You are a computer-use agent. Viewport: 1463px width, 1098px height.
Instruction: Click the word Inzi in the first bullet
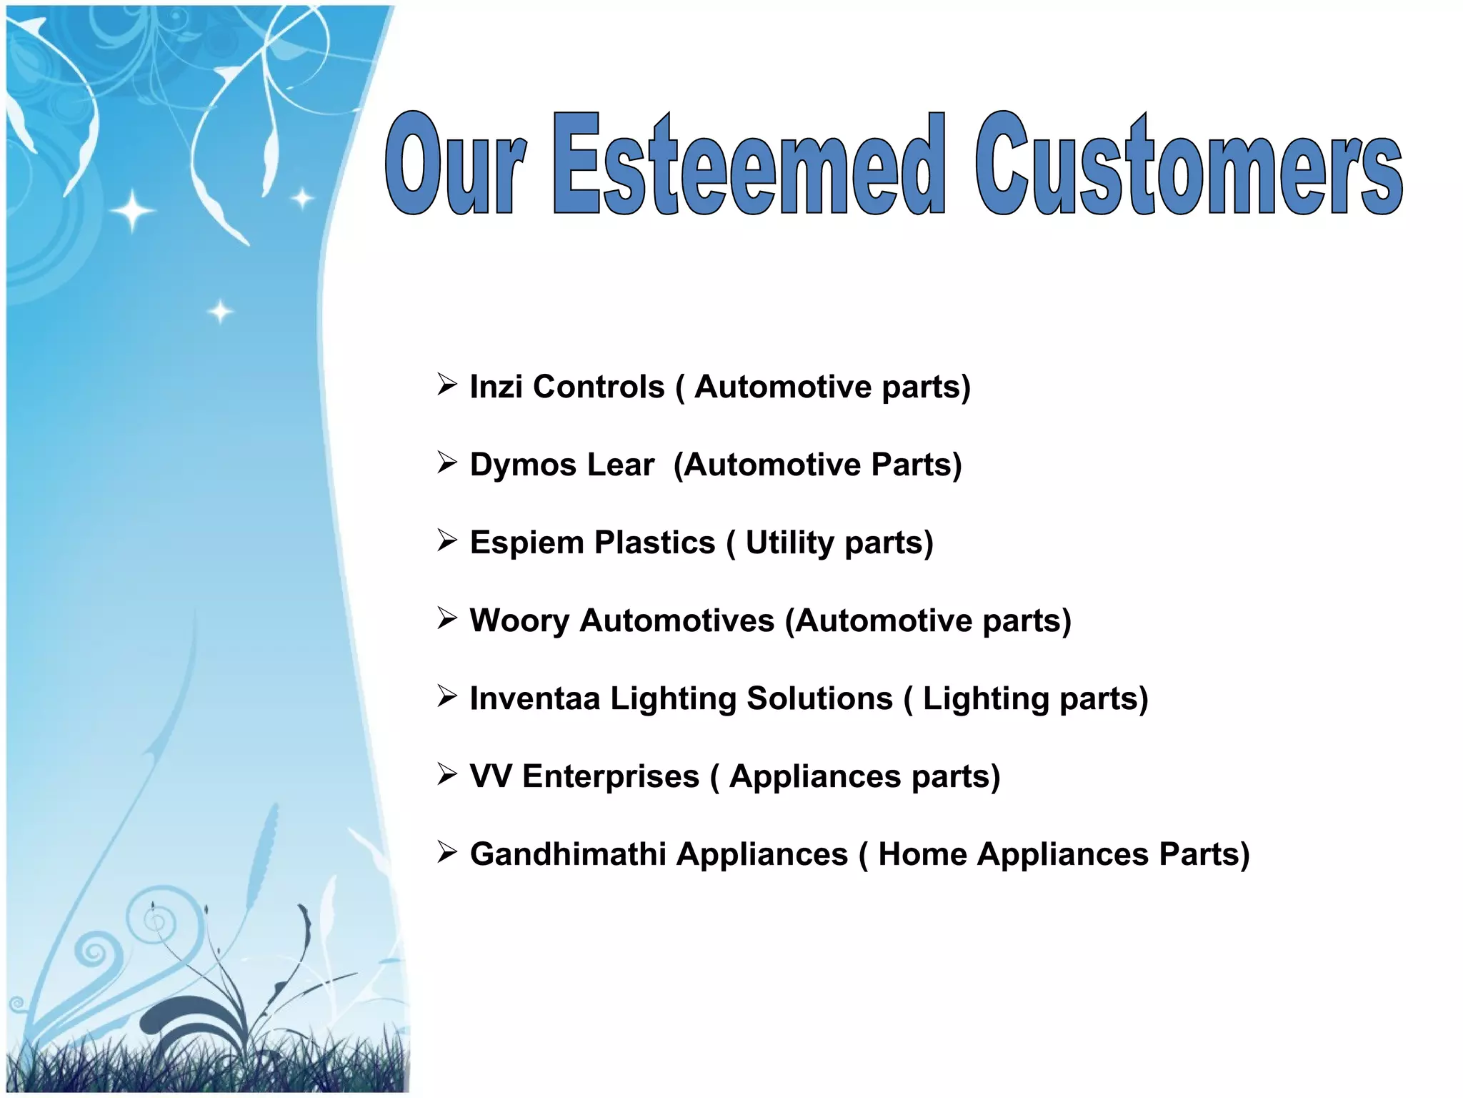[x=496, y=387]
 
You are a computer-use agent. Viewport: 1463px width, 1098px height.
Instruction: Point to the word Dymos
[x=523, y=465]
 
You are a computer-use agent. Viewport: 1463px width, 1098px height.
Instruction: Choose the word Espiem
[x=526, y=543]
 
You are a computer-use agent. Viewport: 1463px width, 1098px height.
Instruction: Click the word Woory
[x=519, y=620]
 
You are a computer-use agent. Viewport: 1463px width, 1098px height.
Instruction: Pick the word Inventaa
[x=535, y=698]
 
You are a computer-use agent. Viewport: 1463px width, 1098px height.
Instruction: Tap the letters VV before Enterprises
[x=491, y=776]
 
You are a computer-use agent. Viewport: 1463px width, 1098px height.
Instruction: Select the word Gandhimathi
[x=568, y=854]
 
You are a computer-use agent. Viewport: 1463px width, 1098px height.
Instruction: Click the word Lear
[x=621, y=465]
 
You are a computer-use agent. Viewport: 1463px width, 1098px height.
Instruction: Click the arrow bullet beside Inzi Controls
[x=447, y=385]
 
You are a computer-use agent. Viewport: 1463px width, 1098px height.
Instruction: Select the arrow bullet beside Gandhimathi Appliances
[x=447, y=852]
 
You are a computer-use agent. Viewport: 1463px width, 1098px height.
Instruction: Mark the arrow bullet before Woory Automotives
[x=447, y=618]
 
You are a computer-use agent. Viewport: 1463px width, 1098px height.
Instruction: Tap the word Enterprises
[x=611, y=777]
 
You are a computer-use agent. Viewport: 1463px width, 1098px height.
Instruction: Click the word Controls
[x=599, y=387]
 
